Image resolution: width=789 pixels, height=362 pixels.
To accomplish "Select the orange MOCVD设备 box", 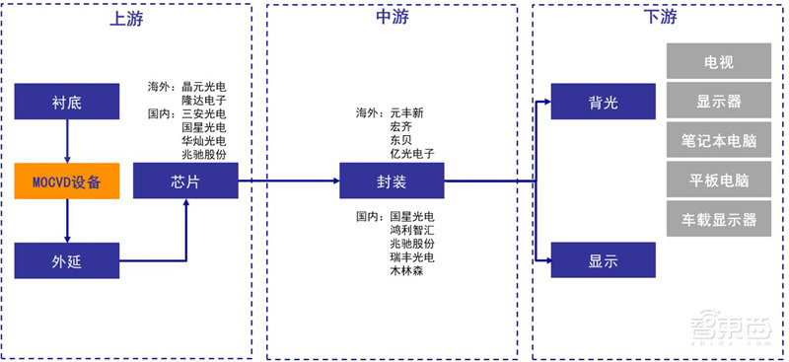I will [x=66, y=181].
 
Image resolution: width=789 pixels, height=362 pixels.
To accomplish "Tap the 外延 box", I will [x=66, y=260].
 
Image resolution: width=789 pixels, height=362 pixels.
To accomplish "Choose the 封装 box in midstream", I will [x=392, y=181].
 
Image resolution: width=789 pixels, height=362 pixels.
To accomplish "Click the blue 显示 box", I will [x=603, y=260].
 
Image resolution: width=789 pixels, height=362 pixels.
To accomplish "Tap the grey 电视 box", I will [x=718, y=61].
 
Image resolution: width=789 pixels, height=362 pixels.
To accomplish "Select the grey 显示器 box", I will [x=718, y=101].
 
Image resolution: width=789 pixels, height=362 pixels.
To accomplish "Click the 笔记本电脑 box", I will [x=718, y=140].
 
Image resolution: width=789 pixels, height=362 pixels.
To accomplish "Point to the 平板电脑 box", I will [x=718, y=180].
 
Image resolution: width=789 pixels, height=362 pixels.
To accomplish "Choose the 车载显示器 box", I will [x=718, y=219].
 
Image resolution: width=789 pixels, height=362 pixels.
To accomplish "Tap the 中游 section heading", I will [x=392, y=16].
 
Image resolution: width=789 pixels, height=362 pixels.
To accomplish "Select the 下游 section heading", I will [x=658, y=16].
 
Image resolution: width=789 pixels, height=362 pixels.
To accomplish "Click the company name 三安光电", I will [x=203, y=113].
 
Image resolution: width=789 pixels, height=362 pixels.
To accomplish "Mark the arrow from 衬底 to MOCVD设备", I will [x=66, y=141].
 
